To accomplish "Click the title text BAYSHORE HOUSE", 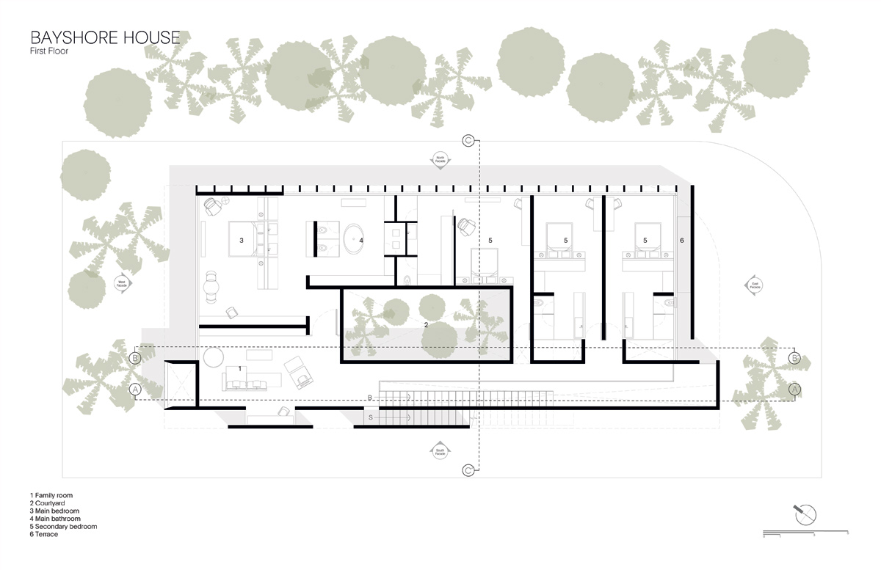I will coord(105,37).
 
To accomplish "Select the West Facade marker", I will coord(122,283).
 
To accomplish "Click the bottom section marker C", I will coord(468,470).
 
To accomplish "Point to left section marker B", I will coord(135,358).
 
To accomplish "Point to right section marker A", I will coord(794,390).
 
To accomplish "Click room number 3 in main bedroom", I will coord(241,240).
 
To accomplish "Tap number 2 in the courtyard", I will coord(426,323).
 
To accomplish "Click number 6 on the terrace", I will coord(681,240).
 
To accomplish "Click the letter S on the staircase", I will coord(371,417).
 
